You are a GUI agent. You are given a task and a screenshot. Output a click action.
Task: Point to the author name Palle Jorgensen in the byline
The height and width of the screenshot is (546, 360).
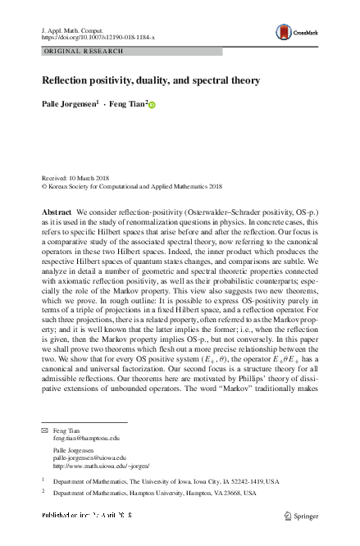tap(71, 105)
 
